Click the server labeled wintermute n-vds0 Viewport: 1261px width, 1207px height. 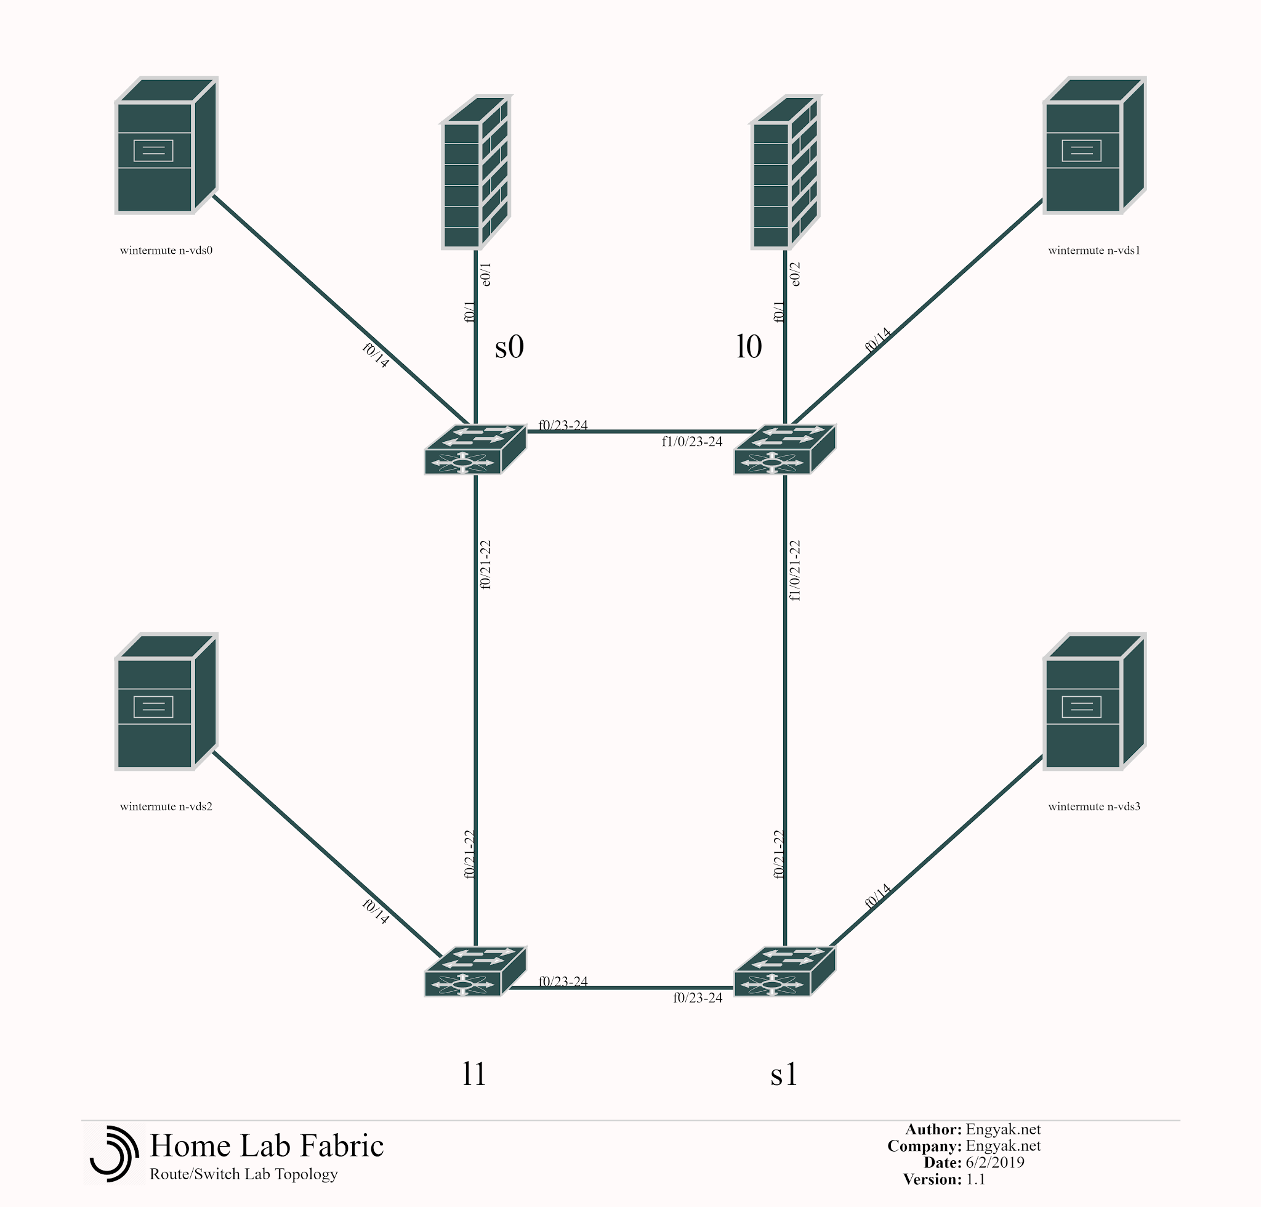(x=166, y=145)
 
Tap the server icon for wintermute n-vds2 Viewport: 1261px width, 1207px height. (x=166, y=701)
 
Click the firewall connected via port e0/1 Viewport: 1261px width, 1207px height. (x=476, y=172)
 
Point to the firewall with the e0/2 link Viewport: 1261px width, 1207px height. (x=785, y=172)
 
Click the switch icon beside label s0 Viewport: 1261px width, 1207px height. (x=475, y=449)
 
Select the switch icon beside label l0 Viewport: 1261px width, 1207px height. (x=784, y=449)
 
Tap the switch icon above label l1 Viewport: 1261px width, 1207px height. (x=475, y=971)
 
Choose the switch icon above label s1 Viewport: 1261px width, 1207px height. (x=784, y=971)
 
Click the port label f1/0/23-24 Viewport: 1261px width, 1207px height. (x=692, y=441)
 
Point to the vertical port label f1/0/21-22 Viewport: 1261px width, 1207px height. (x=796, y=570)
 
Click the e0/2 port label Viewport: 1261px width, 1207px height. (x=796, y=274)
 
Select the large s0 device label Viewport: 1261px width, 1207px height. (x=509, y=346)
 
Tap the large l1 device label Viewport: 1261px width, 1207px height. (x=475, y=1074)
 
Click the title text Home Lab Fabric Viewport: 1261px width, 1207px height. (x=267, y=1145)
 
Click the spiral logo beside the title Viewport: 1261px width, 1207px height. (x=114, y=1153)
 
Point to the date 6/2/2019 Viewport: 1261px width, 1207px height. (x=995, y=1162)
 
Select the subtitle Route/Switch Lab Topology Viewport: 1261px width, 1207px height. (x=244, y=1174)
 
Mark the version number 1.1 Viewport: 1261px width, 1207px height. (x=975, y=1179)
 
